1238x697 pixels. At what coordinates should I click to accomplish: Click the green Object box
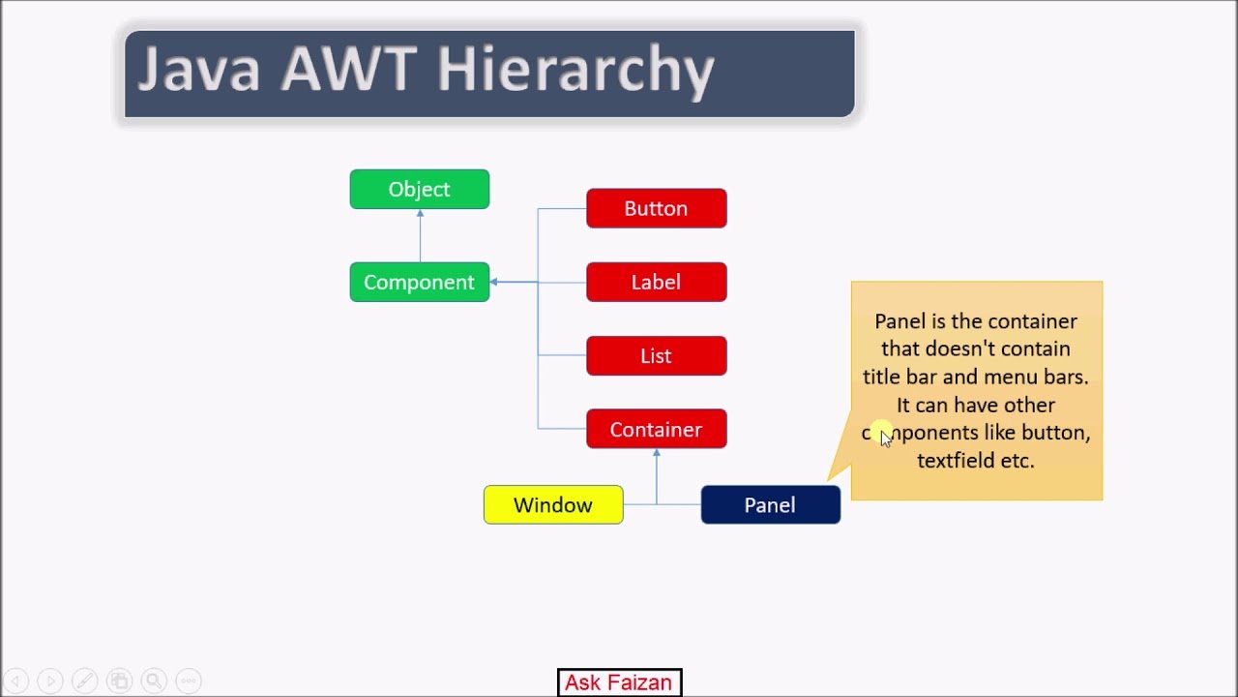click(419, 189)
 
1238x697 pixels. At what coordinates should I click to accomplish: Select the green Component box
click(419, 282)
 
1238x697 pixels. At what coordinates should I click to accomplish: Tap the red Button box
click(656, 208)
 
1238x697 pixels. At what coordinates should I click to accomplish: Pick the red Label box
click(656, 282)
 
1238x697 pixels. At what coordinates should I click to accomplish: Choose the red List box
click(656, 355)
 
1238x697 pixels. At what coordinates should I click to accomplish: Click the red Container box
click(656, 429)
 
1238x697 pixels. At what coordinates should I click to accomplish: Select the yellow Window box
click(553, 504)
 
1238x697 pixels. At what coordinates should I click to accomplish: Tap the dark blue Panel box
click(770, 504)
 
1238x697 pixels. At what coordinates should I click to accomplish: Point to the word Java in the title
click(199, 70)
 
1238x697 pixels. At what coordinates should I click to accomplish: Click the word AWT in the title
click(349, 70)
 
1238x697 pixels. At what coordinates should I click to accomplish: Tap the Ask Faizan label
click(619, 682)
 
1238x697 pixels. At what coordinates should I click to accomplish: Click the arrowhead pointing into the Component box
click(494, 282)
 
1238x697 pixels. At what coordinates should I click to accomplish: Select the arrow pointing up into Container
click(657, 474)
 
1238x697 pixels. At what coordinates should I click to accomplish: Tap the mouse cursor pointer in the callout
click(885, 438)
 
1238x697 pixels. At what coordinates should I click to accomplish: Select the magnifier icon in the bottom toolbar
click(153, 681)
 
